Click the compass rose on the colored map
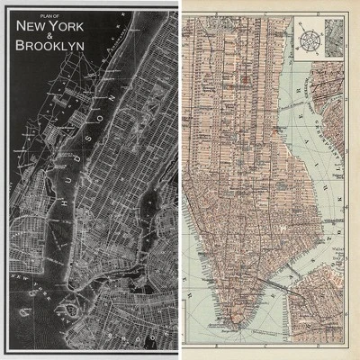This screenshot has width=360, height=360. click(x=306, y=40)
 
